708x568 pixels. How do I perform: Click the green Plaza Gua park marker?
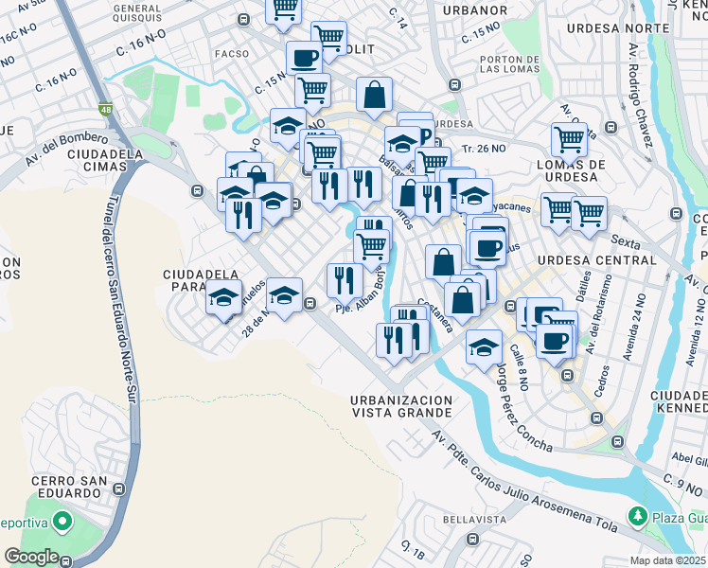637,517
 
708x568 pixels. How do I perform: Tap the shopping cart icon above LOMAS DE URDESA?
569,139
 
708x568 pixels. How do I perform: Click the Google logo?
31,557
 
